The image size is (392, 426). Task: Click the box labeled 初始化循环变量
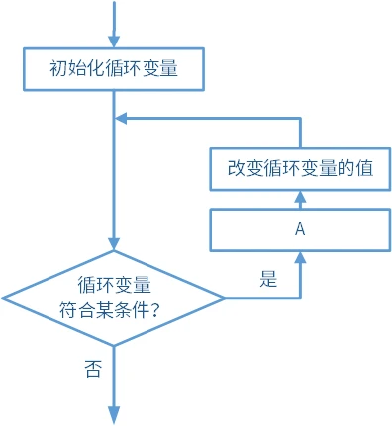click(114, 70)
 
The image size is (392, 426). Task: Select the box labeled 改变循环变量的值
click(299, 168)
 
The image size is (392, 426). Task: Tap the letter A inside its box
click(299, 228)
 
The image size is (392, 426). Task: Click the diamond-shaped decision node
click(114, 296)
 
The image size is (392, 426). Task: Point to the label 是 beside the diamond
click(268, 279)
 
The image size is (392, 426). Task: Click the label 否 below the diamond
click(92, 369)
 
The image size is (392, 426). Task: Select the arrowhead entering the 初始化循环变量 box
click(114, 42)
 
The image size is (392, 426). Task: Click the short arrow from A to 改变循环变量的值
click(299, 199)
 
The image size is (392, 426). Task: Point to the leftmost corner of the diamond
click(4, 296)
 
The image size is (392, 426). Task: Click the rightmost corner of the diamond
click(224, 296)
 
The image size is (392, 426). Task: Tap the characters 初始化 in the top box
click(75, 70)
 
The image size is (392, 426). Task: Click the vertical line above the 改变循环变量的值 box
click(299, 133)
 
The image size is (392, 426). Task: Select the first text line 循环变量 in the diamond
click(114, 285)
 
